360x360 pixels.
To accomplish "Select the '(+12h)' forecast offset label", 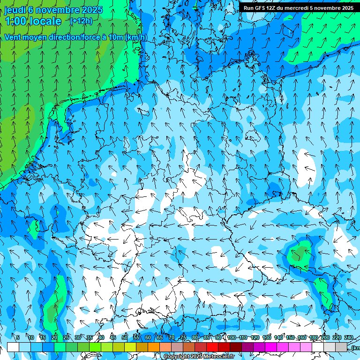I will (81, 21).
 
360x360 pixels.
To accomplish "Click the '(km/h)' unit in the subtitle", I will (136, 37).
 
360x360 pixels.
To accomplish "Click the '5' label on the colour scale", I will (18, 337).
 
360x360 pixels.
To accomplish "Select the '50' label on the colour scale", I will (125, 337).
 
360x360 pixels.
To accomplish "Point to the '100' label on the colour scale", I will (232, 337).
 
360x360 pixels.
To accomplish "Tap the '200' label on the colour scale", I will (324, 337).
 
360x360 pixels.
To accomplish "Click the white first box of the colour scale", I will (13, 347).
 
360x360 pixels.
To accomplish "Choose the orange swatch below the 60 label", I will (154, 347).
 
